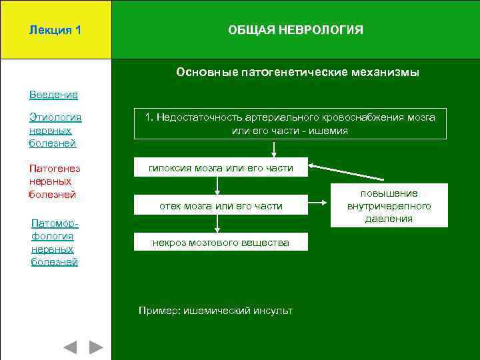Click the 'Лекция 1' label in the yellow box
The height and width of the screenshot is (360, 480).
(x=55, y=30)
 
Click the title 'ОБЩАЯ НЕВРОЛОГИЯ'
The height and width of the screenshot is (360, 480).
(x=295, y=30)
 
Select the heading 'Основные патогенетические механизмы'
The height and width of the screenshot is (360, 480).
(x=297, y=72)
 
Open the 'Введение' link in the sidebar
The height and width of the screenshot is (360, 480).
(x=53, y=95)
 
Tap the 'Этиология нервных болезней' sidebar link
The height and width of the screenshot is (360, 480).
(x=55, y=130)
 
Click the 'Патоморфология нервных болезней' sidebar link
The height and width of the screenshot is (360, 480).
(x=55, y=242)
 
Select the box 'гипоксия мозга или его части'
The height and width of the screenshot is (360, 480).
(x=221, y=167)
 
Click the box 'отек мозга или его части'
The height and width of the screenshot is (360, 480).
(x=221, y=206)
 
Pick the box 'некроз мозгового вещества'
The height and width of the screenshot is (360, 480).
(x=221, y=243)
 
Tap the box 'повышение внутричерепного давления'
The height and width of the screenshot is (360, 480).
(x=389, y=206)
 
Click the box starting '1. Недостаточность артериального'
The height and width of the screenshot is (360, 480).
(x=290, y=124)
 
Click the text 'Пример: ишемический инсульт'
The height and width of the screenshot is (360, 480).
(x=215, y=311)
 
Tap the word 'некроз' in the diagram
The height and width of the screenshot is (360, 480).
(x=169, y=243)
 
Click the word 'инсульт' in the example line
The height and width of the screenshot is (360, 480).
(x=273, y=311)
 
